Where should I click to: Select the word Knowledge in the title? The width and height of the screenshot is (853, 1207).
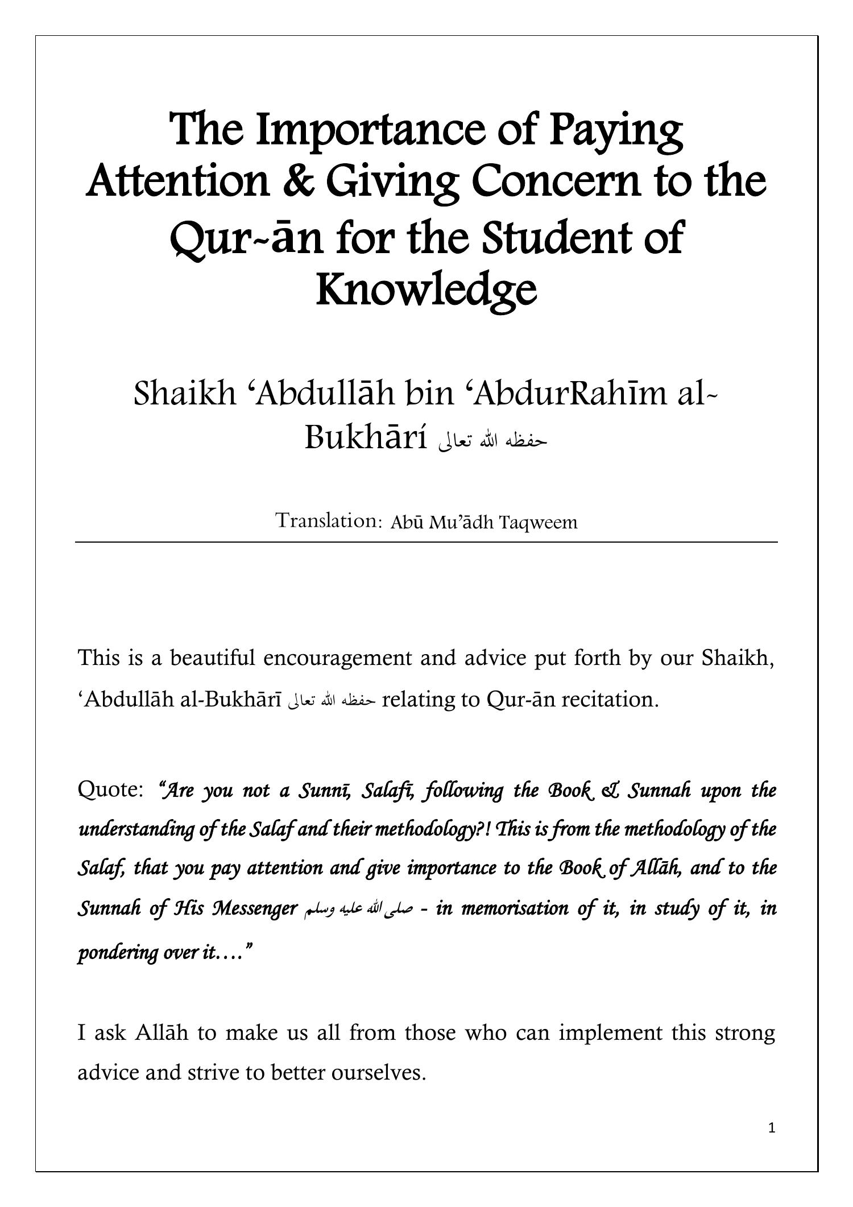(x=426, y=290)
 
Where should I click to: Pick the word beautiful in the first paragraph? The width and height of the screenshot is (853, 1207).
(x=213, y=658)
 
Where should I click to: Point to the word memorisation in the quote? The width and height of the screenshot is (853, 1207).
(x=515, y=908)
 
